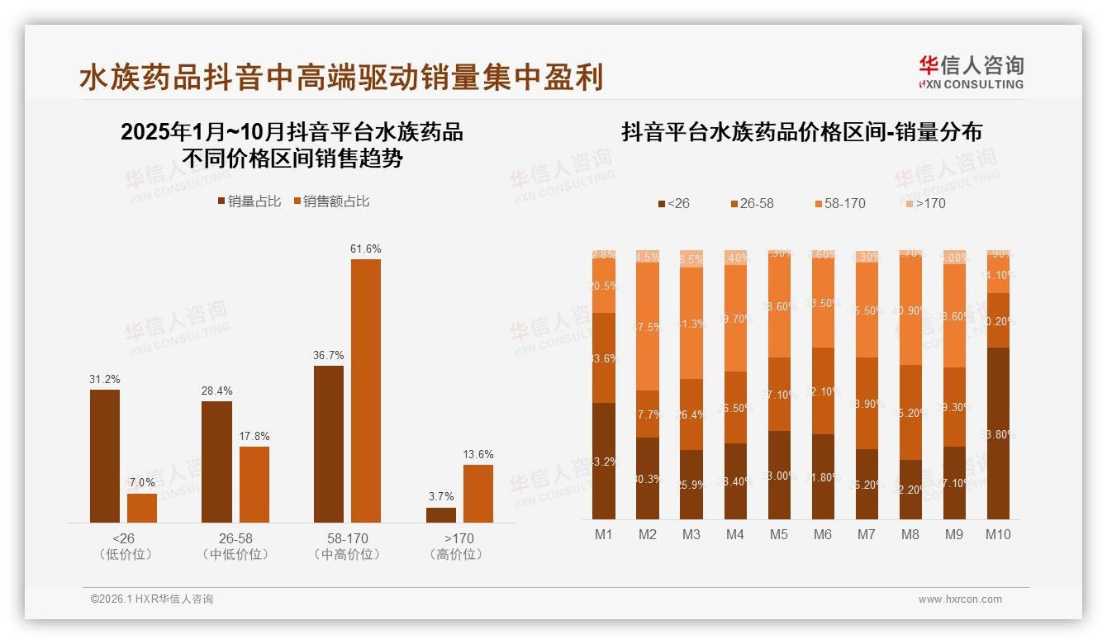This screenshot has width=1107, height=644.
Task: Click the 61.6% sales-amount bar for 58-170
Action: point(366,390)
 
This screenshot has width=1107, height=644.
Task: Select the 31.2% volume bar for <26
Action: point(105,456)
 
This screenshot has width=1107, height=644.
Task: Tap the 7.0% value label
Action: point(142,482)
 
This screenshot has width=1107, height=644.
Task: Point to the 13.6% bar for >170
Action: point(477,493)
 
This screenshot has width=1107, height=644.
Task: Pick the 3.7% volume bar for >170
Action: point(441,514)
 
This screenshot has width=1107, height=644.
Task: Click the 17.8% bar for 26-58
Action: point(254,484)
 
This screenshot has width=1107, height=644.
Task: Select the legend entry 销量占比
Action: point(249,201)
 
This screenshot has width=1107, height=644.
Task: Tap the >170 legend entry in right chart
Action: point(924,203)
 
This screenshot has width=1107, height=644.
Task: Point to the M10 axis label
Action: point(998,534)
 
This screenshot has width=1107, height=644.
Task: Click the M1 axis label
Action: point(604,534)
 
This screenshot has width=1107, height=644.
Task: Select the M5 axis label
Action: point(779,534)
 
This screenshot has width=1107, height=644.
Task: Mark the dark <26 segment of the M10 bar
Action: point(998,433)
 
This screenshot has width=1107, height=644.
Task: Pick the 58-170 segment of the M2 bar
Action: point(648,327)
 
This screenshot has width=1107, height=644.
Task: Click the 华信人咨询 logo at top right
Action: point(971,72)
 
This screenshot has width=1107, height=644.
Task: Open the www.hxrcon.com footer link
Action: point(960,599)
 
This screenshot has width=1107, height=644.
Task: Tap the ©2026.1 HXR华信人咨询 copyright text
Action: point(152,599)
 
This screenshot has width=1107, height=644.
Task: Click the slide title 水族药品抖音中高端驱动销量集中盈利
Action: point(341,77)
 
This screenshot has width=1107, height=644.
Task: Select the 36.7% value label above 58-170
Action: point(329,356)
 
